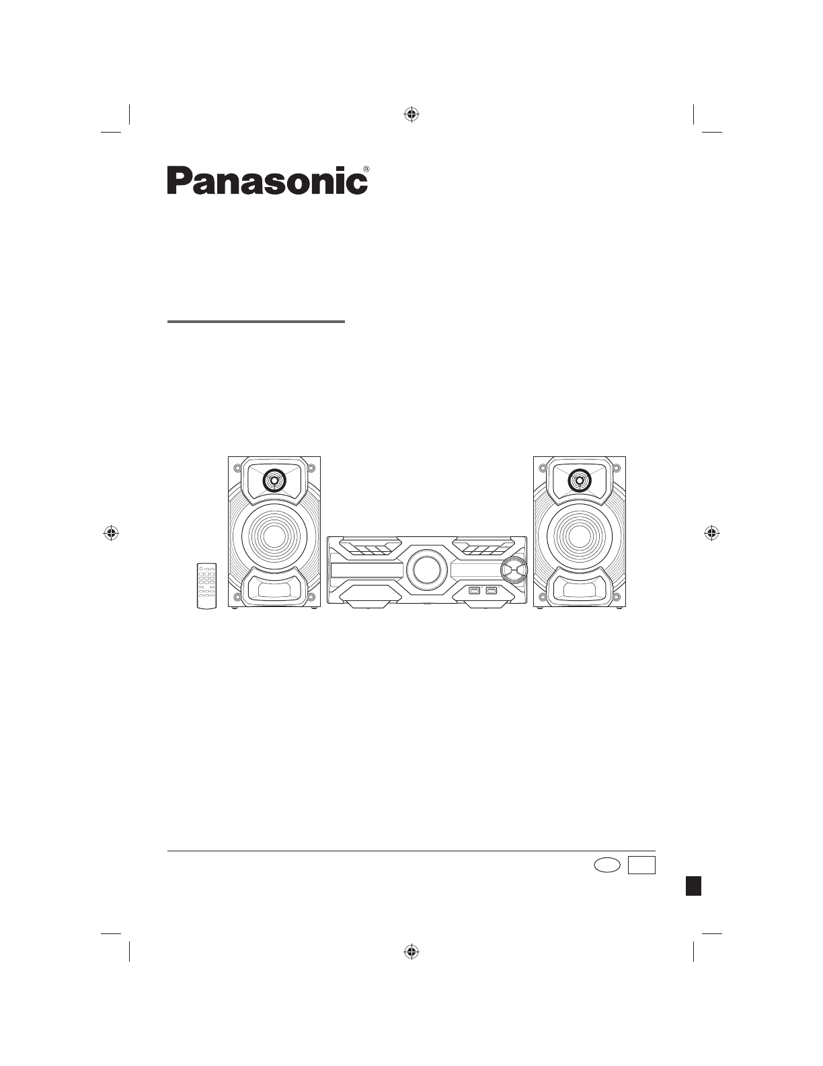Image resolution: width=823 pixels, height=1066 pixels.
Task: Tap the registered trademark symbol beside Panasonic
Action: coord(366,169)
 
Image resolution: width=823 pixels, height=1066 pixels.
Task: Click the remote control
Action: coord(207,585)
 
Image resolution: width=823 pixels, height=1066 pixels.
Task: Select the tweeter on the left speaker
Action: coord(274,480)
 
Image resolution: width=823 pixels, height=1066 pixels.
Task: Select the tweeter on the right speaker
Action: coord(579,480)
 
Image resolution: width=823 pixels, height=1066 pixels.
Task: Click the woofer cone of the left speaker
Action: coord(274,536)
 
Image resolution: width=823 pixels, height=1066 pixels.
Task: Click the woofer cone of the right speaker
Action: coord(579,536)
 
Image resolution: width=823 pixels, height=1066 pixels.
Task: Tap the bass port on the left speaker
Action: coord(274,590)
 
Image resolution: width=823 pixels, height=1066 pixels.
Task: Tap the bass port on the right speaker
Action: coord(579,590)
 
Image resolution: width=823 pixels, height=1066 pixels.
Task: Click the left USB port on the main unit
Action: coord(475,590)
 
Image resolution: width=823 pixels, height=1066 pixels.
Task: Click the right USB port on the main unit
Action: coord(491,590)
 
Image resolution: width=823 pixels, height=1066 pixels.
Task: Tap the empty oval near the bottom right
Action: coord(606,865)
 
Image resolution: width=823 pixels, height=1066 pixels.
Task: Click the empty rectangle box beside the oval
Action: coord(641,865)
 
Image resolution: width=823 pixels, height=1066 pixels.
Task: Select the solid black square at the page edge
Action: coord(693,884)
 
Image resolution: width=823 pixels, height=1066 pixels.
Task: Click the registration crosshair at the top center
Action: coord(412,114)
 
